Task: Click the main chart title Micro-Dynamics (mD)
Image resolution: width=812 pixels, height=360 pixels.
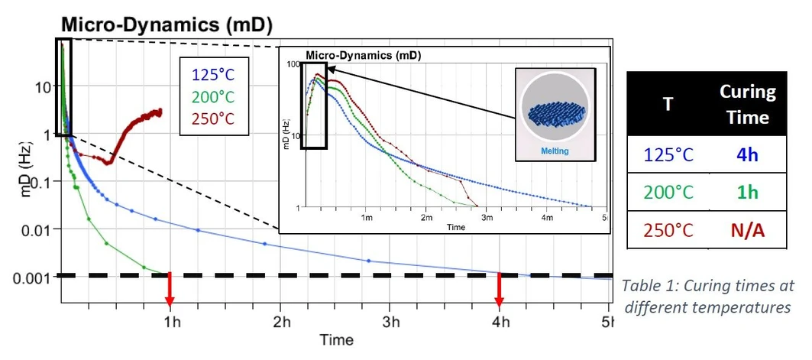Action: (167, 24)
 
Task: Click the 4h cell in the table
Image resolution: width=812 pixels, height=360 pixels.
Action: (747, 154)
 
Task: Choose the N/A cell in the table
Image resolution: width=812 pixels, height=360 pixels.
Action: (747, 230)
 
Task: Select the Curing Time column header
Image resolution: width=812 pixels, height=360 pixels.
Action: (747, 105)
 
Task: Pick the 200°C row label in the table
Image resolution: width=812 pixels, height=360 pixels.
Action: (668, 192)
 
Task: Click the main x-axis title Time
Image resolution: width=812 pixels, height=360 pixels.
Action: (337, 340)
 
